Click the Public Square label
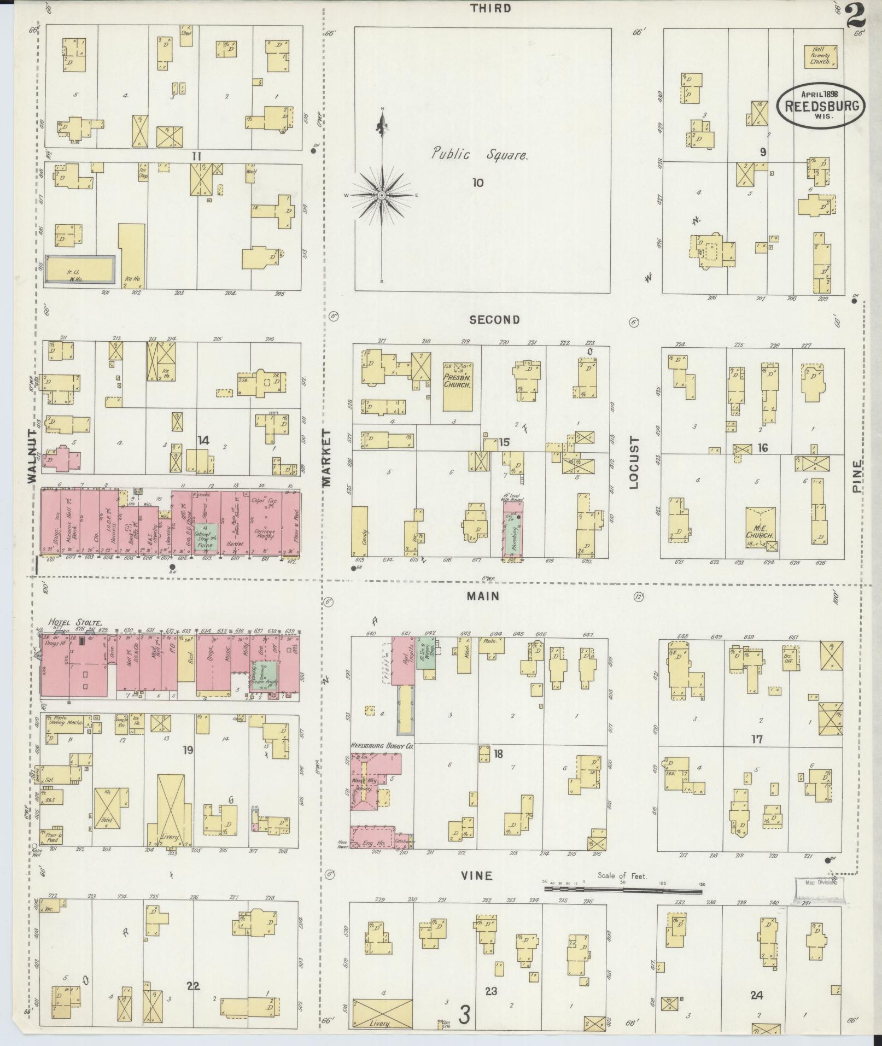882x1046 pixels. pyautogui.click(x=480, y=155)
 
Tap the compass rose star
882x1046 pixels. pyautogui.click(x=382, y=195)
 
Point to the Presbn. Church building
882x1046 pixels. pyautogui.click(x=458, y=386)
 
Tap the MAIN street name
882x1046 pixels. pyautogui.click(x=483, y=596)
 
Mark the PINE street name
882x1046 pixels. pyautogui.click(x=857, y=477)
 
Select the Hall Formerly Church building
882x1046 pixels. pyautogui.click(x=820, y=56)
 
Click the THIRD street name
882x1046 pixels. pyautogui.click(x=493, y=8)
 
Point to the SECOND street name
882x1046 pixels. pyautogui.click(x=494, y=320)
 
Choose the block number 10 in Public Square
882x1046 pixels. pyautogui.click(x=478, y=183)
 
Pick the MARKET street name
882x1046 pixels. pyautogui.click(x=326, y=457)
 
